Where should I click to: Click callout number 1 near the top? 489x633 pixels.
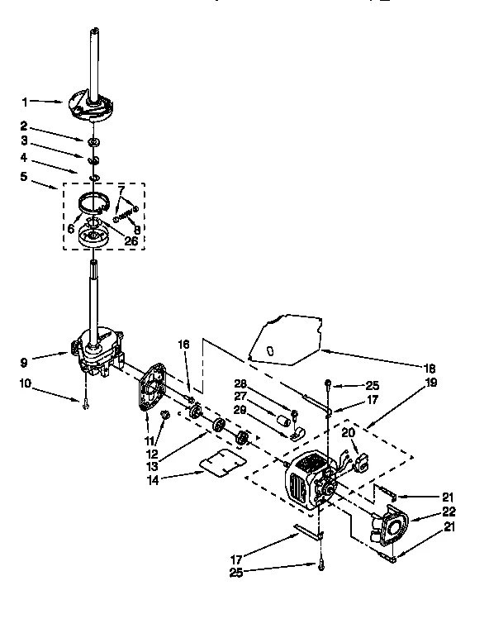[25, 102]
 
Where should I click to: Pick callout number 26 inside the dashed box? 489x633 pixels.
[131, 240]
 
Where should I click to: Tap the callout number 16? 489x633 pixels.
[183, 344]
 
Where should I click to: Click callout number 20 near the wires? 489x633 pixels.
[349, 432]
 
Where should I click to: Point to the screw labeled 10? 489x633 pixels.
[85, 402]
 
